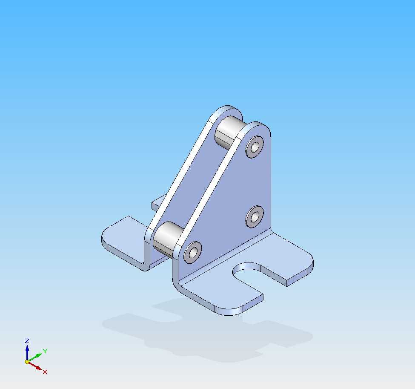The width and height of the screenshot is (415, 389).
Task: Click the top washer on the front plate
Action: point(255,147)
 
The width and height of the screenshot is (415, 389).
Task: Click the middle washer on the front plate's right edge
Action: point(255,217)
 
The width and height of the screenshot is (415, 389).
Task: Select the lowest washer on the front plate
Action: point(193,252)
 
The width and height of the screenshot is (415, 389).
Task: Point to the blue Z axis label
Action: point(27,341)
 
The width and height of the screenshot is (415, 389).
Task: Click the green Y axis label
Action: point(45,351)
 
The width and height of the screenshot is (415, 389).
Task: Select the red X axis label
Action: point(45,372)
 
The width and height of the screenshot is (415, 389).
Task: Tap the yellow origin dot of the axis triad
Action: point(27,362)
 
